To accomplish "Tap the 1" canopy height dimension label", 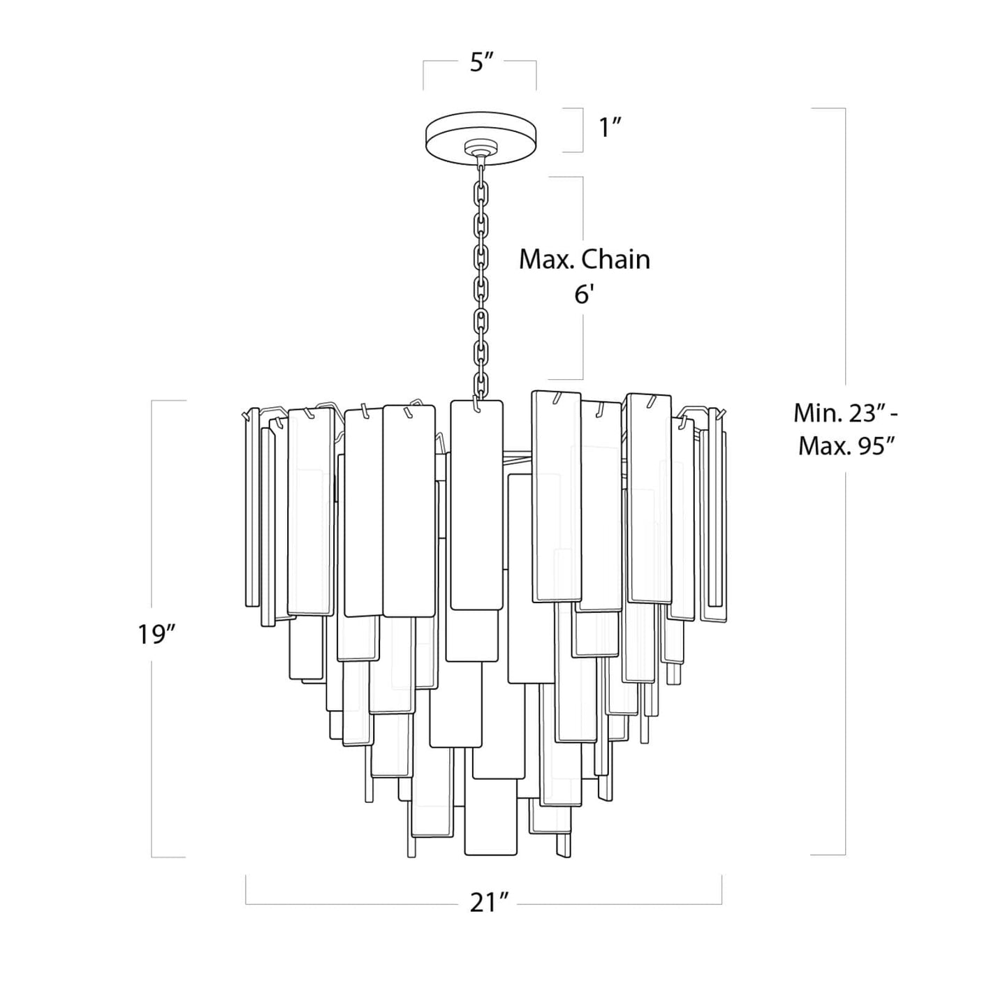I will tap(610, 128).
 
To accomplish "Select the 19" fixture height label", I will tap(155, 635).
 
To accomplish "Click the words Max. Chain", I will tap(584, 260).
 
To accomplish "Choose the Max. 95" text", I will tap(847, 445).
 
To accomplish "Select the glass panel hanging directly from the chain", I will tap(476, 503).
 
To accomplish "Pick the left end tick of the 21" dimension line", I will tap(246, 889).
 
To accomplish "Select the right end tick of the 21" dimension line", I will tap(721, 889).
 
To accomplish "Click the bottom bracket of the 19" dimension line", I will tap(168, 857).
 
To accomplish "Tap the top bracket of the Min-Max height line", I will tap(828, 109).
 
